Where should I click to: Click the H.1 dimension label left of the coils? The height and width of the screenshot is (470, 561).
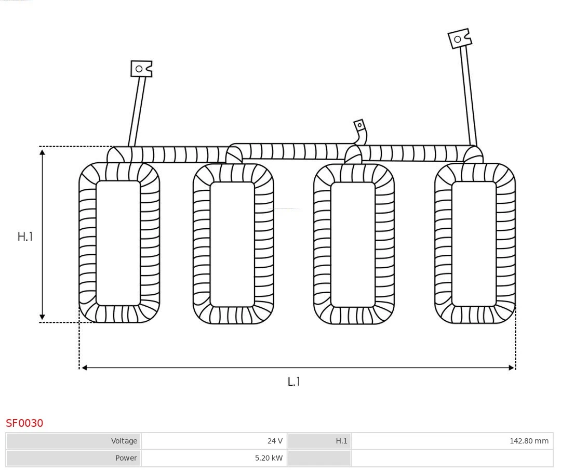click(x=25, y=237)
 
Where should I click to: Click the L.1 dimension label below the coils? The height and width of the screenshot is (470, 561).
click(x=294, y=382)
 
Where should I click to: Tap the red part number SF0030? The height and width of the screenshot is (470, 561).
click(x=24, y=423)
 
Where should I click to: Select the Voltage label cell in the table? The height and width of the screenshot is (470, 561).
click(x=73, y=441)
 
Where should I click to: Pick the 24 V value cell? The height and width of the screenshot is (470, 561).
click(x=214, y=441)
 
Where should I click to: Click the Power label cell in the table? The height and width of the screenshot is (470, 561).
click(x=73, y=458)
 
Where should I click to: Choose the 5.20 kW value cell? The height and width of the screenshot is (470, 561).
click(x=214, y=458)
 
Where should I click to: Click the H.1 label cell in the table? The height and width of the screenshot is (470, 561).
click(x=319, y=441)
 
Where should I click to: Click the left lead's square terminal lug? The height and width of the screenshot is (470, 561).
click(x=141, y=69)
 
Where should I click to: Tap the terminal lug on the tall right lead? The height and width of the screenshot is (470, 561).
click(x=459, y=38)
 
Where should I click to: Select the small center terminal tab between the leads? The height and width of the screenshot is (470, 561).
click(x=359, y=125)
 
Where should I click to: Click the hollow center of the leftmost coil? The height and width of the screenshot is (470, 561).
click(x=118, y=243)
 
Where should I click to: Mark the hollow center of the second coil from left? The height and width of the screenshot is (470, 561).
click(x=232, y=244)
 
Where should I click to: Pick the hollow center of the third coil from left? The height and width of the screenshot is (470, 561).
click(x=353, y=244)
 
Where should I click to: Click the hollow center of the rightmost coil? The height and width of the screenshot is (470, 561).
click(x=474, y=243)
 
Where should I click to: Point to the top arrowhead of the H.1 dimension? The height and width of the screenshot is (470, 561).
click(x=42, y=151)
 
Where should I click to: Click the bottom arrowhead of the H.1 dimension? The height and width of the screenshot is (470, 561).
click(x=42, y=317)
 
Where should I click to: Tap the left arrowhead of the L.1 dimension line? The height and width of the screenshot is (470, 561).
click(x=84, y=368)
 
